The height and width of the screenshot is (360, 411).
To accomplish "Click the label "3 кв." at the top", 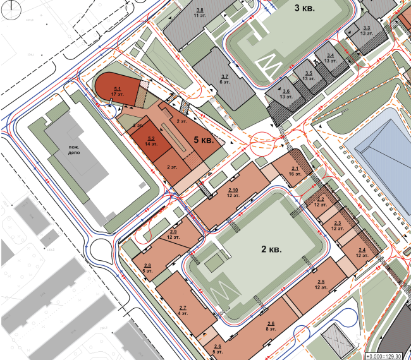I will [309, 9].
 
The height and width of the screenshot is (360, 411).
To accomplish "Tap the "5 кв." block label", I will [202, 140].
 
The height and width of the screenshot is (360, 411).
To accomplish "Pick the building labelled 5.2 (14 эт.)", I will [151, 142].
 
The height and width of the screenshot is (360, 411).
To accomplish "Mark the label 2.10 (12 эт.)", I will [233, 193].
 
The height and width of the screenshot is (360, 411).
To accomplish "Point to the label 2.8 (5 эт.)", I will [147, 268].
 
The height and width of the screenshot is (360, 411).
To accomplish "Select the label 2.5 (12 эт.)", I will [321, 284].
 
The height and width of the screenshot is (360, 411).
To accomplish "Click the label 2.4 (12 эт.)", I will [362, 253].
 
